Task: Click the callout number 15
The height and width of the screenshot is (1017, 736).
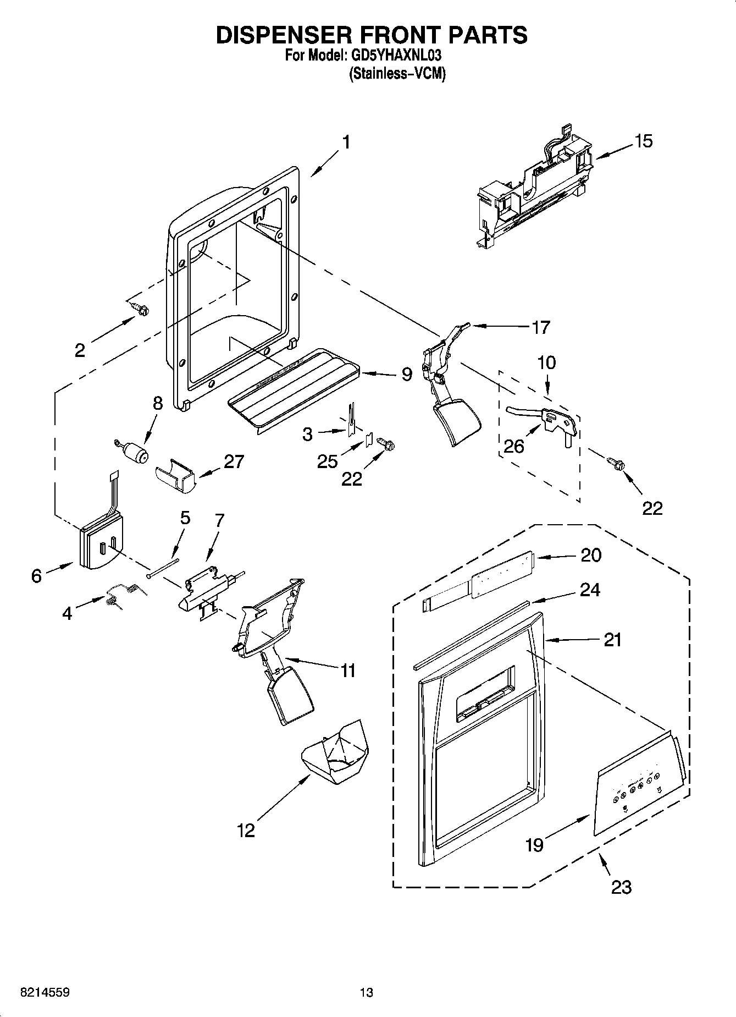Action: pos(643,141)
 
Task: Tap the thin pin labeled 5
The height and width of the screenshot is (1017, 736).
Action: pos(163,568)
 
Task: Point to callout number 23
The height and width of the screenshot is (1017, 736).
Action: pos(621,887)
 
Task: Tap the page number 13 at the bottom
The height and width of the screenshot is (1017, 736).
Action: pos(366,993)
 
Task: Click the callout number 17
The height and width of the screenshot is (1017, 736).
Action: pos(540,327)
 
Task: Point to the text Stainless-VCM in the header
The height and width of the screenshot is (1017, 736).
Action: pos(397,74)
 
